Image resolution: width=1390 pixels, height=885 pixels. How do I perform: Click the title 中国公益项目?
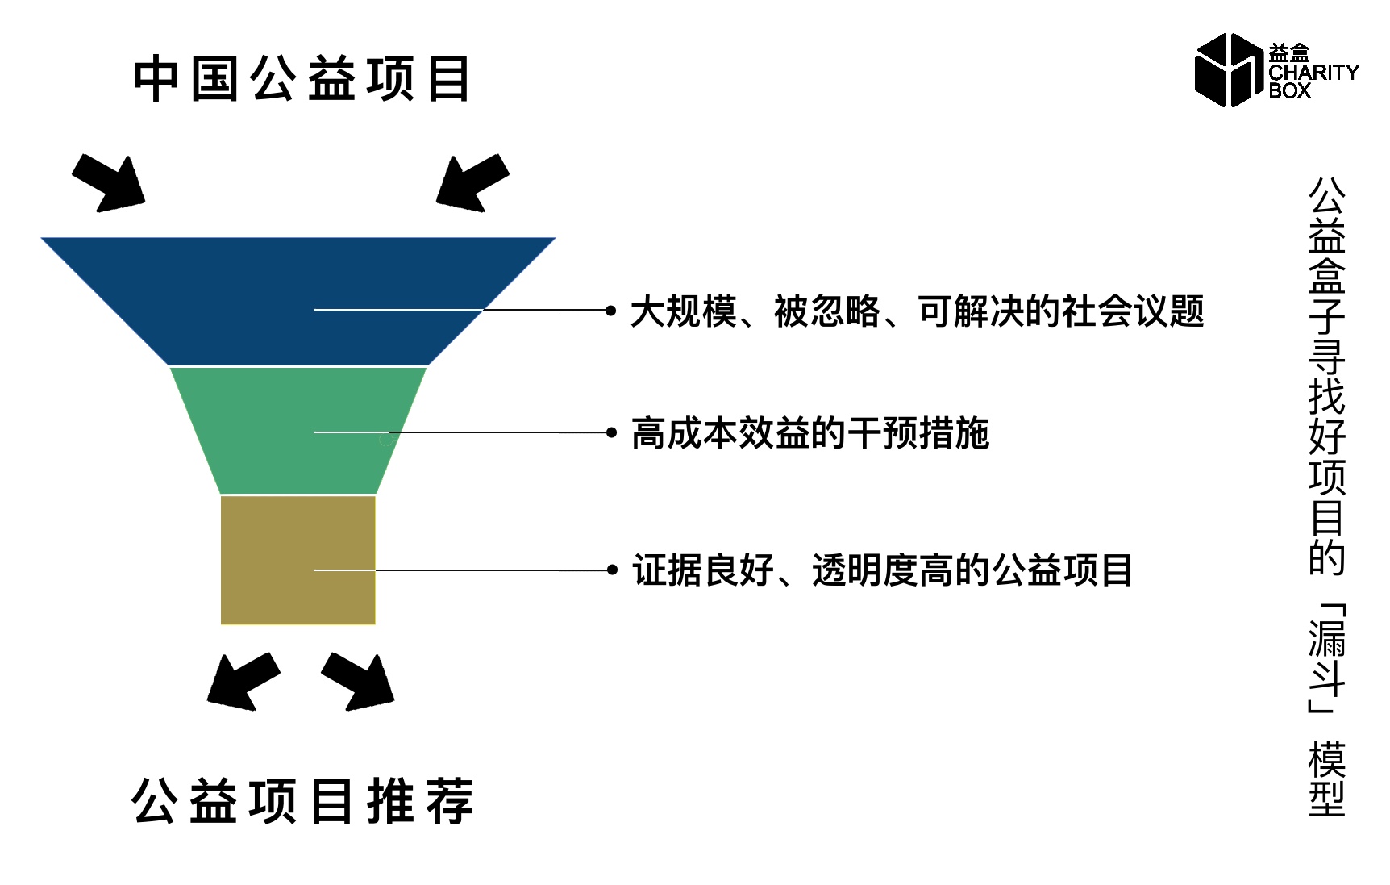pos(302,79)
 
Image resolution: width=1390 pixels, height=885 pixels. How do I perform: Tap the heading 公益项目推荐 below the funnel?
pos(302,800)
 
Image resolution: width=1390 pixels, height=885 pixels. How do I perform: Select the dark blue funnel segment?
pos(298,301)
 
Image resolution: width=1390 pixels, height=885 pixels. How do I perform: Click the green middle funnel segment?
pos(298,430)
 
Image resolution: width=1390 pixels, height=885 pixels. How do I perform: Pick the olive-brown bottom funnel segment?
pos(298,559)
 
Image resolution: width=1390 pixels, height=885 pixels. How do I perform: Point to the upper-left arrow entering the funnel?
pos(109,183)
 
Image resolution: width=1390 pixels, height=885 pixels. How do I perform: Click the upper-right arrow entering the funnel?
pos(472,183)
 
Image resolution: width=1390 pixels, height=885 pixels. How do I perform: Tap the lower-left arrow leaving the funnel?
pos(243,682)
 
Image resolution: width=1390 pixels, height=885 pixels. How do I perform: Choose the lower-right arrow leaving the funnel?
pos(357,682)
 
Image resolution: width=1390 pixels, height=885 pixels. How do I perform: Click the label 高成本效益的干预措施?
pos(810,433)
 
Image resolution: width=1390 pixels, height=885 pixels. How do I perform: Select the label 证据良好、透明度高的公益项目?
pos(883,570)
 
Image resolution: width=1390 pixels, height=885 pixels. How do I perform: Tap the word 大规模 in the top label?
pos(684,311)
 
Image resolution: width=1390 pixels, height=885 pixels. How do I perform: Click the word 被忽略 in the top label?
pos(827,311)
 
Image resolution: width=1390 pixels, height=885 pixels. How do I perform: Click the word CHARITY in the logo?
pos(1313,73)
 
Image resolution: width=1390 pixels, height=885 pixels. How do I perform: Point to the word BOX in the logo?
pos(1289,91)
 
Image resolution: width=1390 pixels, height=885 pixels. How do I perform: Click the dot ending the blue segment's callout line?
pos(611,310)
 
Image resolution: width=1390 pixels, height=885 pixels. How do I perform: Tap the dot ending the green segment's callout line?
pos(611,432)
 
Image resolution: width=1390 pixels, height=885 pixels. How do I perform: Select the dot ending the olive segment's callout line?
pos(612,570)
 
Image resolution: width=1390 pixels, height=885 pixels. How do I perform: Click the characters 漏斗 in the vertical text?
pos(1327,657)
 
